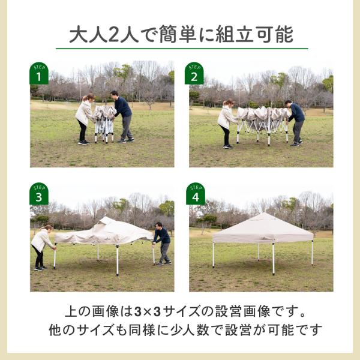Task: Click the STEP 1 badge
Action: click(x=39, y=73)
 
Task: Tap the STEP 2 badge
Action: click(x=194, y=73)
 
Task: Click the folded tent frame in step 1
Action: click(x=104, y=122)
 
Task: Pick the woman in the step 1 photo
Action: click(x=83, y=118)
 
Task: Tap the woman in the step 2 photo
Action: click(x=226, y=123)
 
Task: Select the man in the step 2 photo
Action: click(x=296, y=122)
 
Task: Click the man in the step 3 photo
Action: click(x=162, y=242)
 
